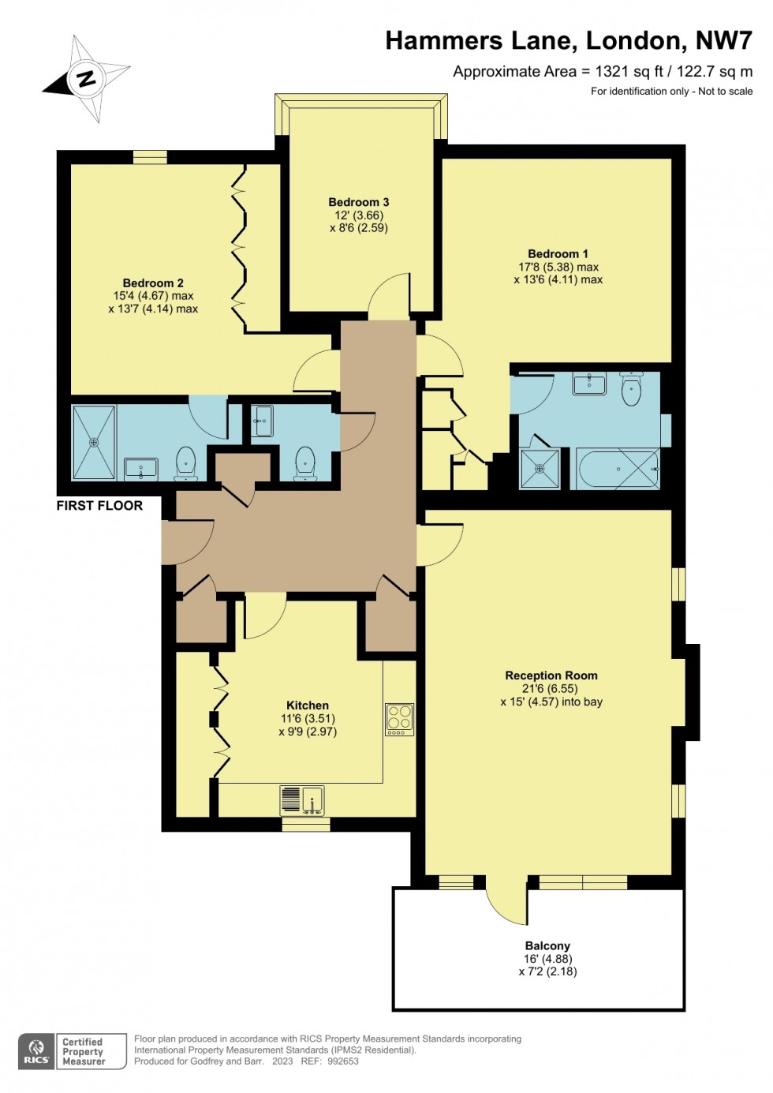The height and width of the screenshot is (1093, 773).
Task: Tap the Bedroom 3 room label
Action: (x=359, y=202)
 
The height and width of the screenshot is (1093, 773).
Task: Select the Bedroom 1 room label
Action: (x=558, y=253)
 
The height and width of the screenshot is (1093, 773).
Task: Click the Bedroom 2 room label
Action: (x=153, y=283)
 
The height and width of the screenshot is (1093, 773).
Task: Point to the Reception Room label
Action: (x=551, y=676)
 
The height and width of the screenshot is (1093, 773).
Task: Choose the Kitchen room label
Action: (x=308, y=706)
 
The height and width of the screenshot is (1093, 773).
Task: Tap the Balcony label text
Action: (x=547, y=945)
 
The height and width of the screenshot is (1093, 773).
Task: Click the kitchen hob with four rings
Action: (x=400, y=718)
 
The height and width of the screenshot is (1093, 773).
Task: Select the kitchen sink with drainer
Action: (x=302, y=800)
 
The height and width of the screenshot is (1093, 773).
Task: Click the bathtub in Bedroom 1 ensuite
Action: (x=618, y=469)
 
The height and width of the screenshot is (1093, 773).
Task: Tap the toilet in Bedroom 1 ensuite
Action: (x=631, y=388)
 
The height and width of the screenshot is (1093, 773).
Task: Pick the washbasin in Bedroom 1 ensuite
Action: (x=589, y=384)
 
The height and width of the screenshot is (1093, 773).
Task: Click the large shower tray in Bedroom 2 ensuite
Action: (x=94, y=443)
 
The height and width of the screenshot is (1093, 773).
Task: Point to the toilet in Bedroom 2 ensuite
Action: (x=185, y=463)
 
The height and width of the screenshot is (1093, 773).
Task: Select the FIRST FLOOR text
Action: (x=99, y=506)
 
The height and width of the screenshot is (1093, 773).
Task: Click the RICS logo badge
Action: (x=36, y=1052)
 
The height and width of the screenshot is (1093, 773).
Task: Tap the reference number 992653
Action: (x=342, y=1061)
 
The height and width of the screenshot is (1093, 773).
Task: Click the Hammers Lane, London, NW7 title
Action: (x=568, y=41)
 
